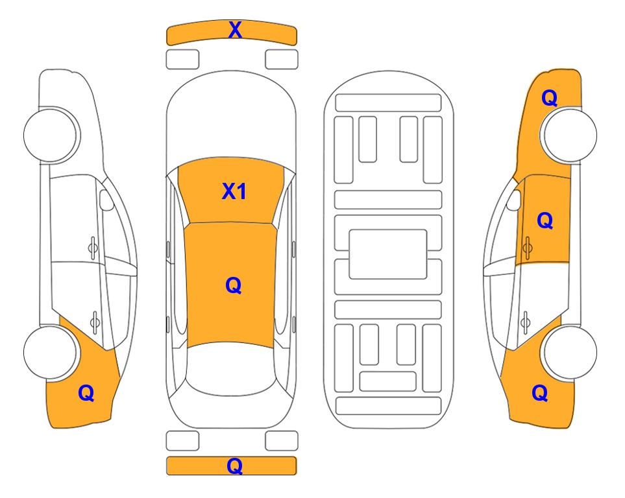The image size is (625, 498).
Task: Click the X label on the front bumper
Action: click(235, 30)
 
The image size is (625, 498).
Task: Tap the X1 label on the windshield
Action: click(234, 191)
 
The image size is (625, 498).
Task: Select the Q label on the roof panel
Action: click(234, 285)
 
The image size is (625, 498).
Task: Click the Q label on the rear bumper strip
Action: click(235, 466)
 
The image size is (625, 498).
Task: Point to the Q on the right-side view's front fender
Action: click(549, 98)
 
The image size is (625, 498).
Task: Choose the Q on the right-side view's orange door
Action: click(545, 220)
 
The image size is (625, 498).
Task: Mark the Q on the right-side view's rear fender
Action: click(540, 393)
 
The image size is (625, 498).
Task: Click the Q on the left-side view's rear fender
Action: click(86, 393)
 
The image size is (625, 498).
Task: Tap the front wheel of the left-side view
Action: click(50, 135)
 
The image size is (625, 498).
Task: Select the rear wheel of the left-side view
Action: click(50, 352)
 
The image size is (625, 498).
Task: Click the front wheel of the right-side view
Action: click(570, 135)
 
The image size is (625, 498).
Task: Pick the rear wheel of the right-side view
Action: click(570, 352)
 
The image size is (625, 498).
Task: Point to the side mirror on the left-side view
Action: click(106, 200)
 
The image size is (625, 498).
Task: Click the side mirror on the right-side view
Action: click(514, 200)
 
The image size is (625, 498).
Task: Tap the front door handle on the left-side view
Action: click(93, 248)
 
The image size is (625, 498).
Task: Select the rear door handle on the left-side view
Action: click(95, 321)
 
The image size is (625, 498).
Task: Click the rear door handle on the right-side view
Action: click(526, 321)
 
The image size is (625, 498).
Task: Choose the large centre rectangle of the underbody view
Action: click(388, 254)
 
